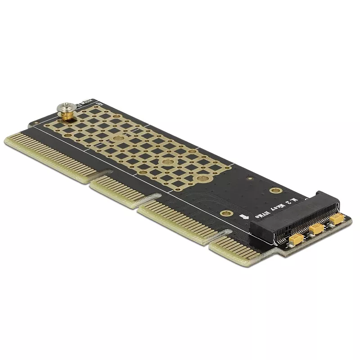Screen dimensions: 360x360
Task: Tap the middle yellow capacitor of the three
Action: coord(316,229)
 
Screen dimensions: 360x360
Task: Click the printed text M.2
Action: coord(293,198)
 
